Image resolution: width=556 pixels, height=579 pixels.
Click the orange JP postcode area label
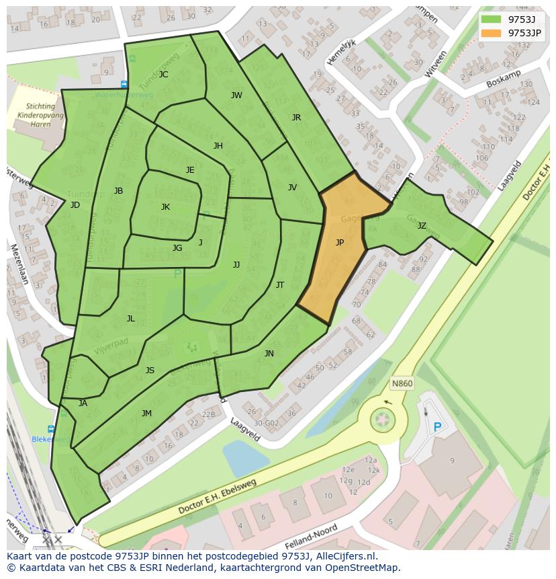coord(340,243)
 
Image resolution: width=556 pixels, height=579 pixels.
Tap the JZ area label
coord(422,226)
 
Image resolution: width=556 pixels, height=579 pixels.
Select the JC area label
coord(163,75)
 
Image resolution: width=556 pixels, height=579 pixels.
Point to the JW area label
coord(236,95)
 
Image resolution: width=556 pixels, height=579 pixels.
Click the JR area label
coord(296,118)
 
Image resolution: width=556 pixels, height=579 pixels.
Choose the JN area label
coord(269,354)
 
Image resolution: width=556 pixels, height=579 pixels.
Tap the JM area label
coord(146,414)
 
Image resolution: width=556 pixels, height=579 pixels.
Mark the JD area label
coord(75,205)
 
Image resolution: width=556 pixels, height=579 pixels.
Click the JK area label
coord(165,207)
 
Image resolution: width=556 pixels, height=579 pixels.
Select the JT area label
coord(280,285)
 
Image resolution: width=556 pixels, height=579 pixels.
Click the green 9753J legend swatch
coord(491,20)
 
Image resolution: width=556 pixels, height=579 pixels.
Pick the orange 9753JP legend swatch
coord(491,33)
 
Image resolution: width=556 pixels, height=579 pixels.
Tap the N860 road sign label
coord(401,384)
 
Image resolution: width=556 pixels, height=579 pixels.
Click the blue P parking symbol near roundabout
coord(438,427)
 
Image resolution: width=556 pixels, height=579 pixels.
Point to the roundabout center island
coord(383,420)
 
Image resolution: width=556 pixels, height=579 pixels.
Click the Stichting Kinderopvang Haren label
coord(40,115)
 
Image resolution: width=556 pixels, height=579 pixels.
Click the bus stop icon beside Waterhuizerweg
coord(124,84)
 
